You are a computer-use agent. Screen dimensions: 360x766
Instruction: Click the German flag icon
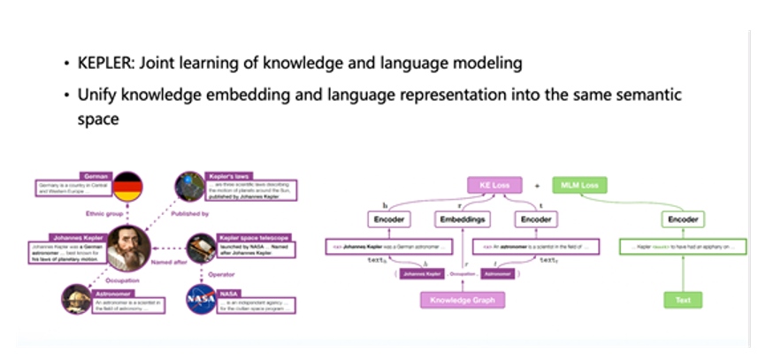[x=128, y=188]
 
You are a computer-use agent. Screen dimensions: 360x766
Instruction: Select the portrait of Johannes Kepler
[x=130, y=246]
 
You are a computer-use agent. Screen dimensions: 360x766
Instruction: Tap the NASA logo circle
[x=200, y=301]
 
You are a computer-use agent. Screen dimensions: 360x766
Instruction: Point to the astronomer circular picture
[x=74, y=301]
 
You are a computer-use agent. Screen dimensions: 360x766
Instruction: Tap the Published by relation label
[x=191, y=213]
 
